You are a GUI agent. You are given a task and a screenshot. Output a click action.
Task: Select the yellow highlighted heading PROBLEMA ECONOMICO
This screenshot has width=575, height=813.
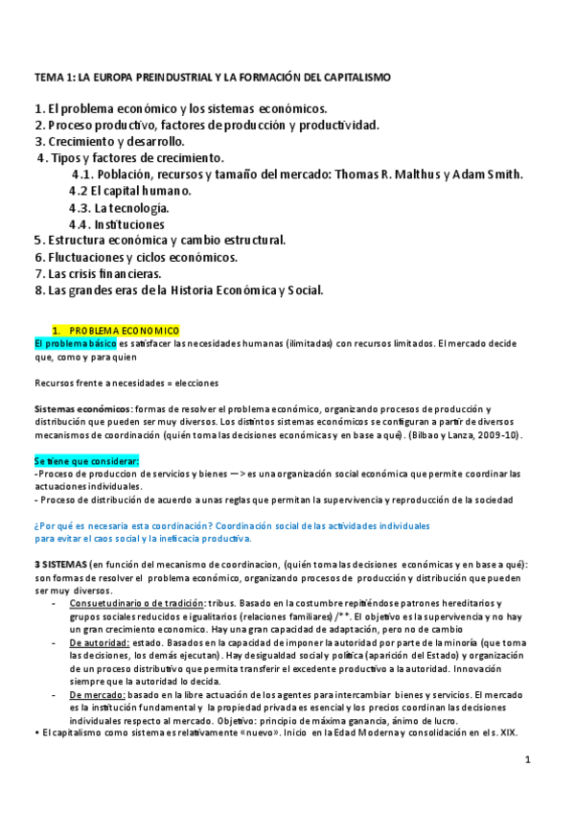click(x=124, y=331)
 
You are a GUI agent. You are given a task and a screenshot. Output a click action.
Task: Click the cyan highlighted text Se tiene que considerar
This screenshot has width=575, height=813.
click(x=86, y=461)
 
